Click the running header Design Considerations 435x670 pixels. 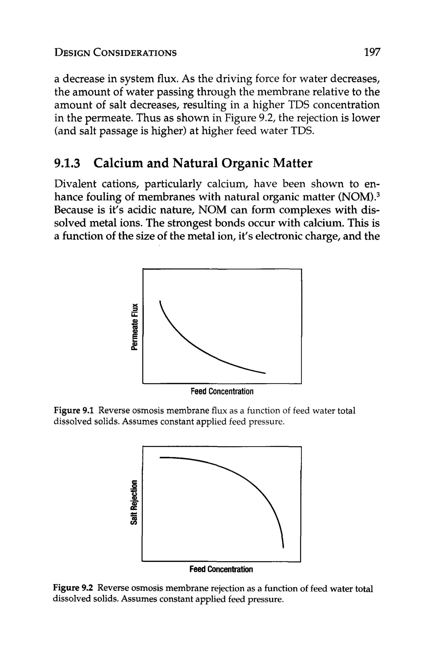(x=116, y=53)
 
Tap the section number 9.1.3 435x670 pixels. (x=67, y=163)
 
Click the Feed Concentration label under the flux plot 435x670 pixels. (x=222, y=391)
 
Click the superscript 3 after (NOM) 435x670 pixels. (x=378, y=194)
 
